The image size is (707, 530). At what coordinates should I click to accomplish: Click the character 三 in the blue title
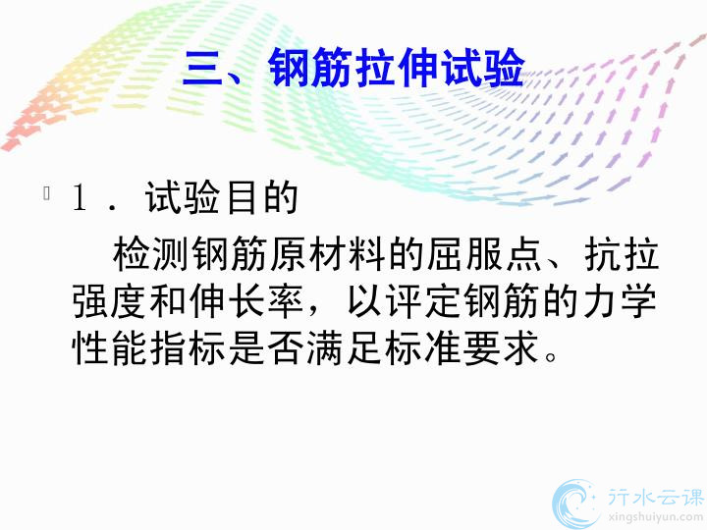point(202,68)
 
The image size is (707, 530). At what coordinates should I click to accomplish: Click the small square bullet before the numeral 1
point(46,193)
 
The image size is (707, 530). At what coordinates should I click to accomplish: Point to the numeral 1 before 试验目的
point(80,197)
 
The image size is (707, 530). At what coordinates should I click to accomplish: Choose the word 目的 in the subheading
point(262,197)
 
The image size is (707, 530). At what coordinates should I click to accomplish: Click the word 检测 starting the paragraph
point(150,254)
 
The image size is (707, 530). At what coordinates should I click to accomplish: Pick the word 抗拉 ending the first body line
point(622,254)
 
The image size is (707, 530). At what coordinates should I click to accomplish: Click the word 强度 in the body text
point(109,301)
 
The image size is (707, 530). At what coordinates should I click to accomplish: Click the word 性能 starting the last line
point(109,347)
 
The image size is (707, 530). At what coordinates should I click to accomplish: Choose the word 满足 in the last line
point(344,347)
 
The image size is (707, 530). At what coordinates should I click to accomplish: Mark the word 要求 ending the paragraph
point(501,347)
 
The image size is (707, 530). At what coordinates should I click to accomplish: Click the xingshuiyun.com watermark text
point(656,517)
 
